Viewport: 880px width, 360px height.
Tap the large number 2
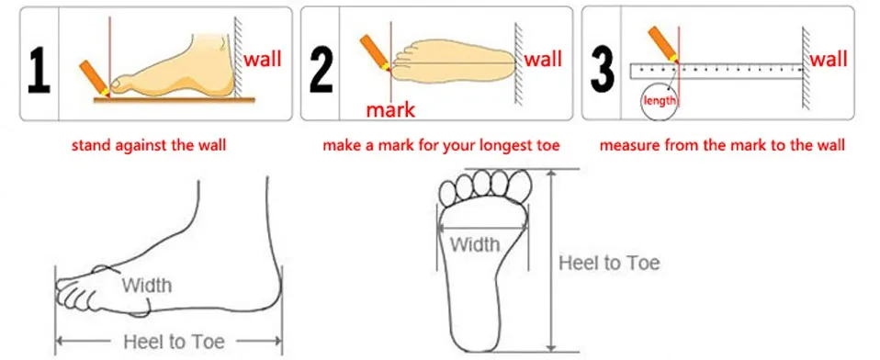coord(321,65)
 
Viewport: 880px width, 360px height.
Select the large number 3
coord(604,65)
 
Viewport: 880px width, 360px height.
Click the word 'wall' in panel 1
coord(263,61)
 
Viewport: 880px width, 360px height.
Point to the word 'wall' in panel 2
coord(543,61)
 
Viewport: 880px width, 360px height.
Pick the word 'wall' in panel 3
coord(829,61)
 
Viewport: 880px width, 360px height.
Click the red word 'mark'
coord(390,111)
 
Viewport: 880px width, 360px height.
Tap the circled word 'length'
coord(660,100)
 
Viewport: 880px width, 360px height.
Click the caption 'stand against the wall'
coord(152,145)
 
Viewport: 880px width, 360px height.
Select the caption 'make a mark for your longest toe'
coord(440,145)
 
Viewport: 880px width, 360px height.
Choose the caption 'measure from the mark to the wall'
coord(722,145)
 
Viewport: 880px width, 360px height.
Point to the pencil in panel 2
coord(376,50)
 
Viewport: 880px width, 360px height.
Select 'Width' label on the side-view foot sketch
coord(146,286)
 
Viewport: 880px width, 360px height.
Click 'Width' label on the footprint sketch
coord(475,244)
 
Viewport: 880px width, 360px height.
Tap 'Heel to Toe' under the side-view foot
coord(174,342)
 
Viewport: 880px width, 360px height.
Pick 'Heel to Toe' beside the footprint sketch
coord(609,264)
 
